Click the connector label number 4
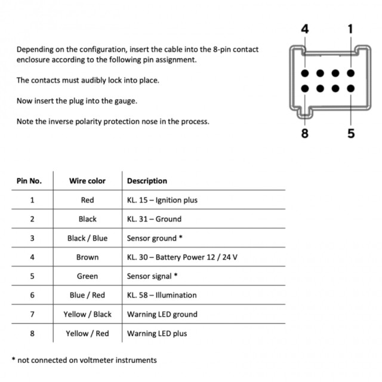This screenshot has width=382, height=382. [305, 29]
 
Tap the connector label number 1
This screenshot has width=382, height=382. [350, 29]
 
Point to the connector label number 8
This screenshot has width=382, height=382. [305, 134]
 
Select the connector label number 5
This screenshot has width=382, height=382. [350, 134]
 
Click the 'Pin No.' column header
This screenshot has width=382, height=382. [29, 181]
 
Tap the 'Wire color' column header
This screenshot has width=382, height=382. [87, 181]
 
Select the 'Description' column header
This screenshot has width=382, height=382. [147, 181]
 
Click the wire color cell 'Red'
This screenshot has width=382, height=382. [87, 200]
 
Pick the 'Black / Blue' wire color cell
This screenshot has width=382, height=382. [87, 238]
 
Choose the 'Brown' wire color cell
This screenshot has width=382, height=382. [87, 257]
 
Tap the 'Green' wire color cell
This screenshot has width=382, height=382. [87, 276]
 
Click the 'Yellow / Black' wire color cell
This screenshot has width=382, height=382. [87, 315]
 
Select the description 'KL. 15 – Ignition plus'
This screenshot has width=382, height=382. [162, 200]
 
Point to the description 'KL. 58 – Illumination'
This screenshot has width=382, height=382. [162, 295]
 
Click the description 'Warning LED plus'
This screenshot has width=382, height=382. [157, 334]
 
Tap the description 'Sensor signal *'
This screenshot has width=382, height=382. [153, 276]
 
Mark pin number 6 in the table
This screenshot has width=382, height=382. [32, 295]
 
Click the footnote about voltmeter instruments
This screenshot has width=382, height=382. [84, 360]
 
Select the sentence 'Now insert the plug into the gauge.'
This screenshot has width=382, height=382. [77, 101]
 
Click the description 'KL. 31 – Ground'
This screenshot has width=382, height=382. [154, 219]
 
